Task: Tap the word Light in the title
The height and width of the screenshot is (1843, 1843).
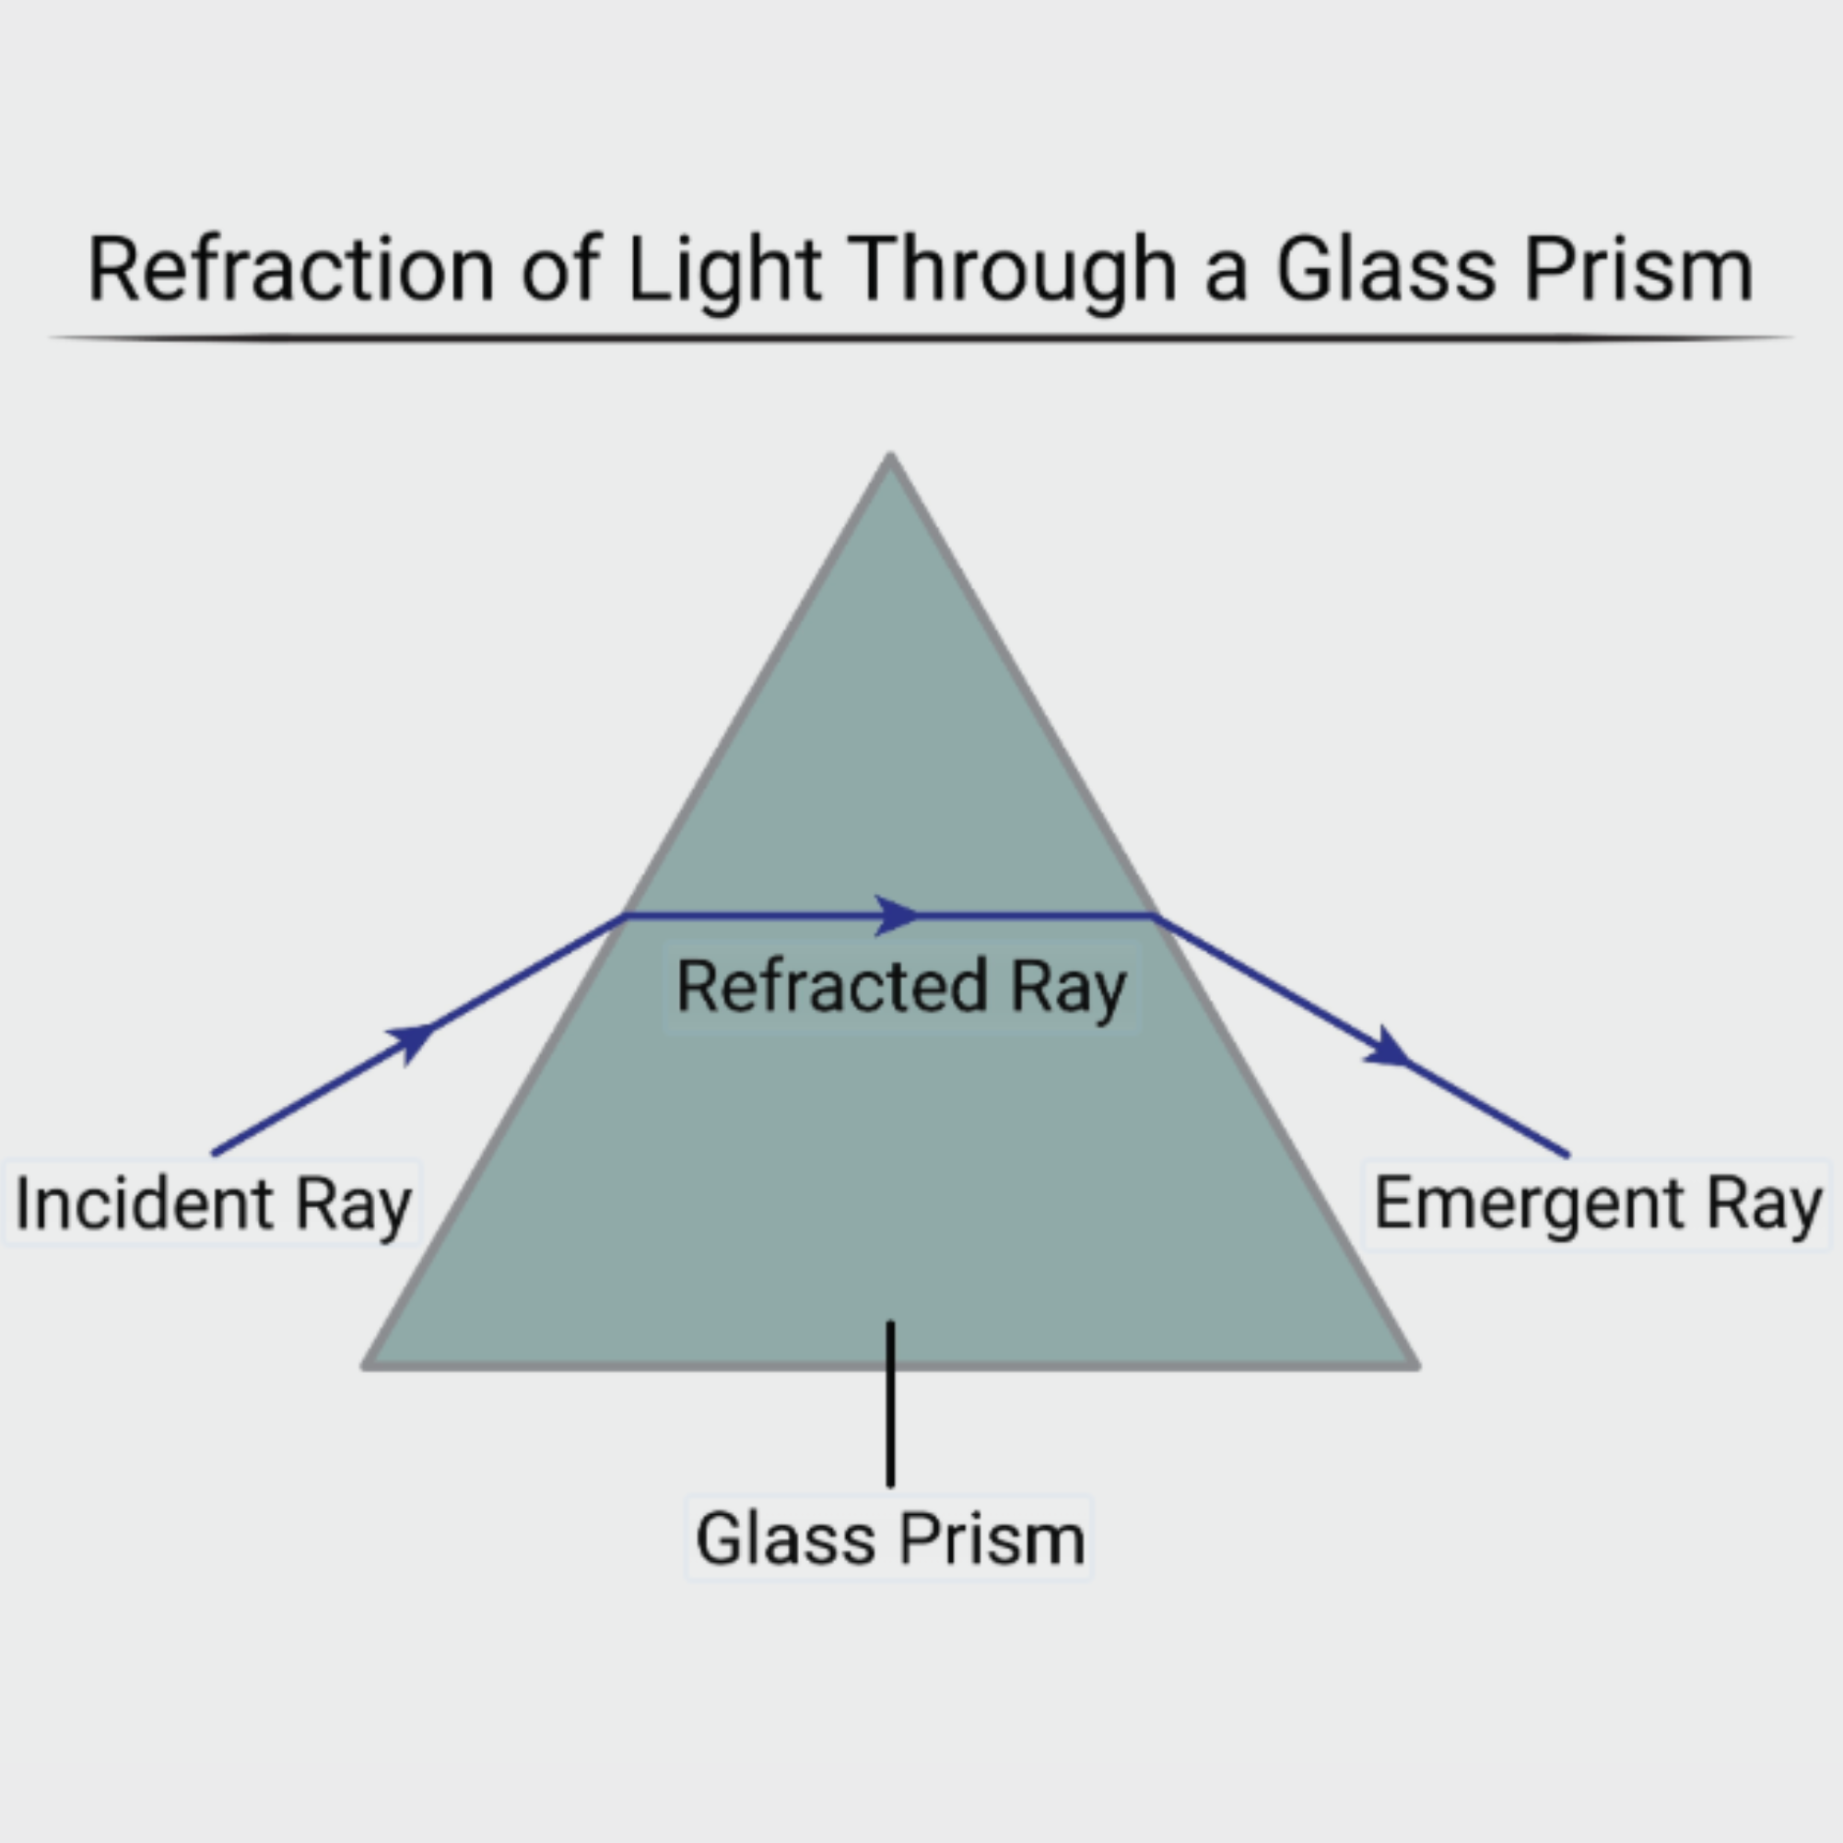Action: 724,270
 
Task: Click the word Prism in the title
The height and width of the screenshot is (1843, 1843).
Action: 1638,270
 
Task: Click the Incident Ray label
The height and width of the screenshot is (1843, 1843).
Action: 213,1203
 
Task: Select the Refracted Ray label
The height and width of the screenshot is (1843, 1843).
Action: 901,986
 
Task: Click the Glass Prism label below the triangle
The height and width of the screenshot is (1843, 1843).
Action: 889,1539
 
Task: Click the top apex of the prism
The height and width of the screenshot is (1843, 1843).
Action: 890,458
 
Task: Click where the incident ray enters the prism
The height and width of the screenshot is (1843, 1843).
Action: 625,916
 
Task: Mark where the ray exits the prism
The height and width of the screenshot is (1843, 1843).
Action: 1156,916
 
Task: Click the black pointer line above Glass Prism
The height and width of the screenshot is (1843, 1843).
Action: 890,1403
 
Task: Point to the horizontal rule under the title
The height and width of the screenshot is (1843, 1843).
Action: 921,336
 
